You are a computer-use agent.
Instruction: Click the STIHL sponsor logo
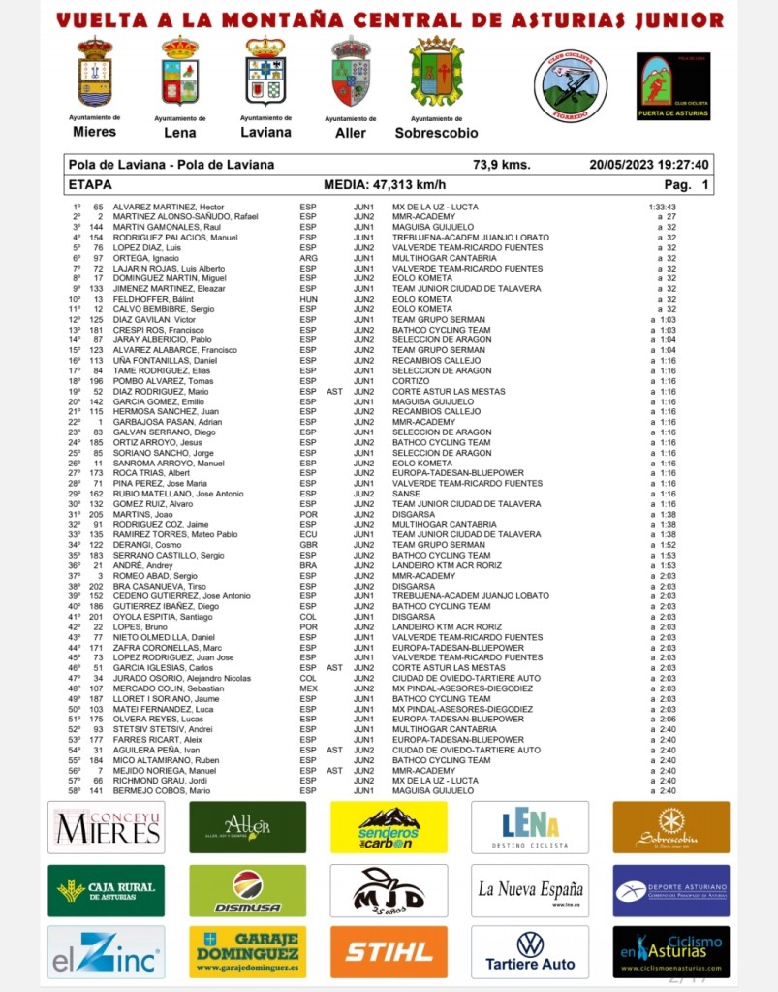point(389,951)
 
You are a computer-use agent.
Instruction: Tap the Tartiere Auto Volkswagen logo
point(530,951)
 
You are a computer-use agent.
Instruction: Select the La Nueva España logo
point(530,890)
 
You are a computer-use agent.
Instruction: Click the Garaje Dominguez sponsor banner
point(247,951)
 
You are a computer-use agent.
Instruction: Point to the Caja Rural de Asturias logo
point(106,890)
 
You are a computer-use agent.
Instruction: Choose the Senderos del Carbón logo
point(389,827)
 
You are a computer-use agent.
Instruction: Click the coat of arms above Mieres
point(95,72)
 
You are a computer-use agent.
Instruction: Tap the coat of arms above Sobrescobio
point(436,72)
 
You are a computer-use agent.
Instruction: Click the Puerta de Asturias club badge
point(673,86)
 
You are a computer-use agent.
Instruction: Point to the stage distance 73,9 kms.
point(501,165)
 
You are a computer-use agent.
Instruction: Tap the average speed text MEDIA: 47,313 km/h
point(385,184)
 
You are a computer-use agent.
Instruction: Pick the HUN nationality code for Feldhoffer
point(308,300)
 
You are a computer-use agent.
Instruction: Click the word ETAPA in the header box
point(91,184)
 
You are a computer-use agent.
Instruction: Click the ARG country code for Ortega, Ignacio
point(308,259)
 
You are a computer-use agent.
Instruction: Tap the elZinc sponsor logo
point(106,951)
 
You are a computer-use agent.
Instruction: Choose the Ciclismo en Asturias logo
point(671,951)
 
